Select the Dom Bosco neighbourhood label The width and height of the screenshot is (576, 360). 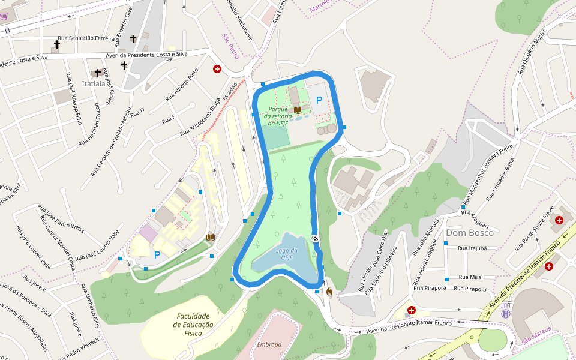[470, 233]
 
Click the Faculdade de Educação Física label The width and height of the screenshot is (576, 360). [193, 325]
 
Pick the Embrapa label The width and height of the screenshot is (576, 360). [269, 344]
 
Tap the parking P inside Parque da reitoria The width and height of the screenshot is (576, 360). [319, 100]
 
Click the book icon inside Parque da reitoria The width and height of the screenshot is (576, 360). [298, 110]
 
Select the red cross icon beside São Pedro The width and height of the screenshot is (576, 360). [217, 70]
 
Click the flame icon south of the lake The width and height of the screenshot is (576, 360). [329, 292]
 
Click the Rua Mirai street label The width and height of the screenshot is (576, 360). [471, 277]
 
